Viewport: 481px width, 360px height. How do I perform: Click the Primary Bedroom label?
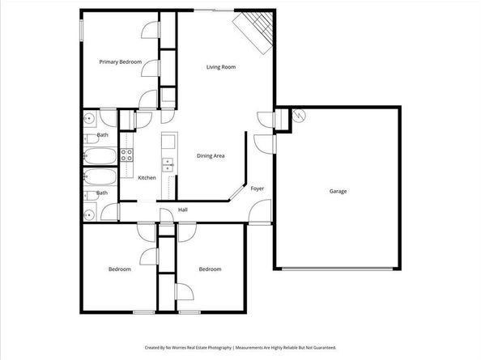(x=121, y=62)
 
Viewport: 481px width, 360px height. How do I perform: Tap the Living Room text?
(x=221, y=67)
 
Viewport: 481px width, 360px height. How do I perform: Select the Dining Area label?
(x=211, y=155)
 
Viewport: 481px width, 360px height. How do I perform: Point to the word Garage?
(x=338, y=192)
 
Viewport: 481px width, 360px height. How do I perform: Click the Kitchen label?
(x=147, y=177)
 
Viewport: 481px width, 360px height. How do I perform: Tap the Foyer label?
(x=257, y=188)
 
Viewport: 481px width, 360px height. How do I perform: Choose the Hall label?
(x=183, y=210)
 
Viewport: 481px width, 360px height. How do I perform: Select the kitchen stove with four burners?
(x=127, y=154)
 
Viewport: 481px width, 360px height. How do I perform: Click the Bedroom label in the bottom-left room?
(x=120, y=269)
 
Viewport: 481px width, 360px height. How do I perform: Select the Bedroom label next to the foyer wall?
(x=210, y=269)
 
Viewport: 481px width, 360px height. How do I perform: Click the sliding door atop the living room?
(x=213, y=10)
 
